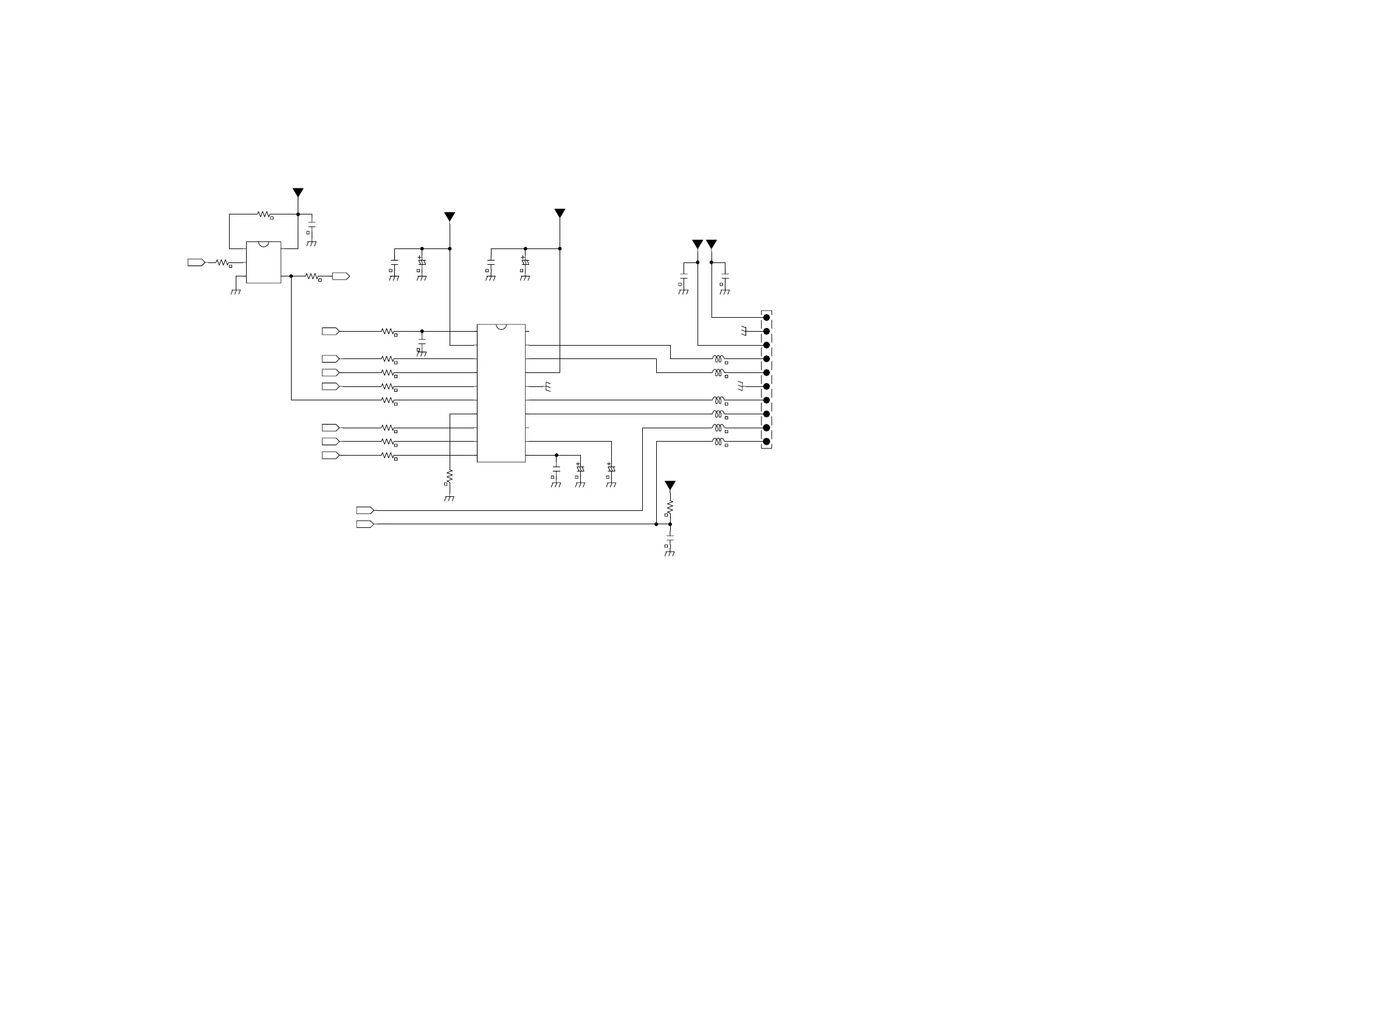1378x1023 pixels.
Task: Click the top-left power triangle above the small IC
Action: tap(298, 193)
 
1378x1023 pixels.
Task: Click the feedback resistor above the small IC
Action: tap(264, 214)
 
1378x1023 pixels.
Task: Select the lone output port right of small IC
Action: tap(341, 276)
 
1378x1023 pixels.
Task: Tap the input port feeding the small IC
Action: tap(196, 262)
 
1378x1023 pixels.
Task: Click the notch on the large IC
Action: tap(501, 326)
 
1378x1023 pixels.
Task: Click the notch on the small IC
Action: tap(264, 244)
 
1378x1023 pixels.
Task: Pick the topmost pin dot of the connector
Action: tap(766, 318)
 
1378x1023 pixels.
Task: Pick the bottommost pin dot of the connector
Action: tap(766, 442)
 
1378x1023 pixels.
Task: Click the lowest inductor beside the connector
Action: tap(718, 442)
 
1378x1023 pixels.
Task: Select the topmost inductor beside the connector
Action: tap(718, 358)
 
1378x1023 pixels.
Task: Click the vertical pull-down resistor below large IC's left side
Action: tap(450, 476)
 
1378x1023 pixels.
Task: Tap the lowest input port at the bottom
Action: tap(365, 524)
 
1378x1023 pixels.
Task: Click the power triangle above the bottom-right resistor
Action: tap(670, 485)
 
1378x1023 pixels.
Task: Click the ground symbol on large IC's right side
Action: tap(547, 388)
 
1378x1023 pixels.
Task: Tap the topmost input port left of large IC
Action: tap(331, 331)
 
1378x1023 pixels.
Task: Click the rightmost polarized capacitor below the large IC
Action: tap(611, 469)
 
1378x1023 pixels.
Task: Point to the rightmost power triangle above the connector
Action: tap(711, 244)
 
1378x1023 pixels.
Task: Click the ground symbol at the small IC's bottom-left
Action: tap(236, 291)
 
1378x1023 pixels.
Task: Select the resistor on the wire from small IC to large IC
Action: tap(388, 401)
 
